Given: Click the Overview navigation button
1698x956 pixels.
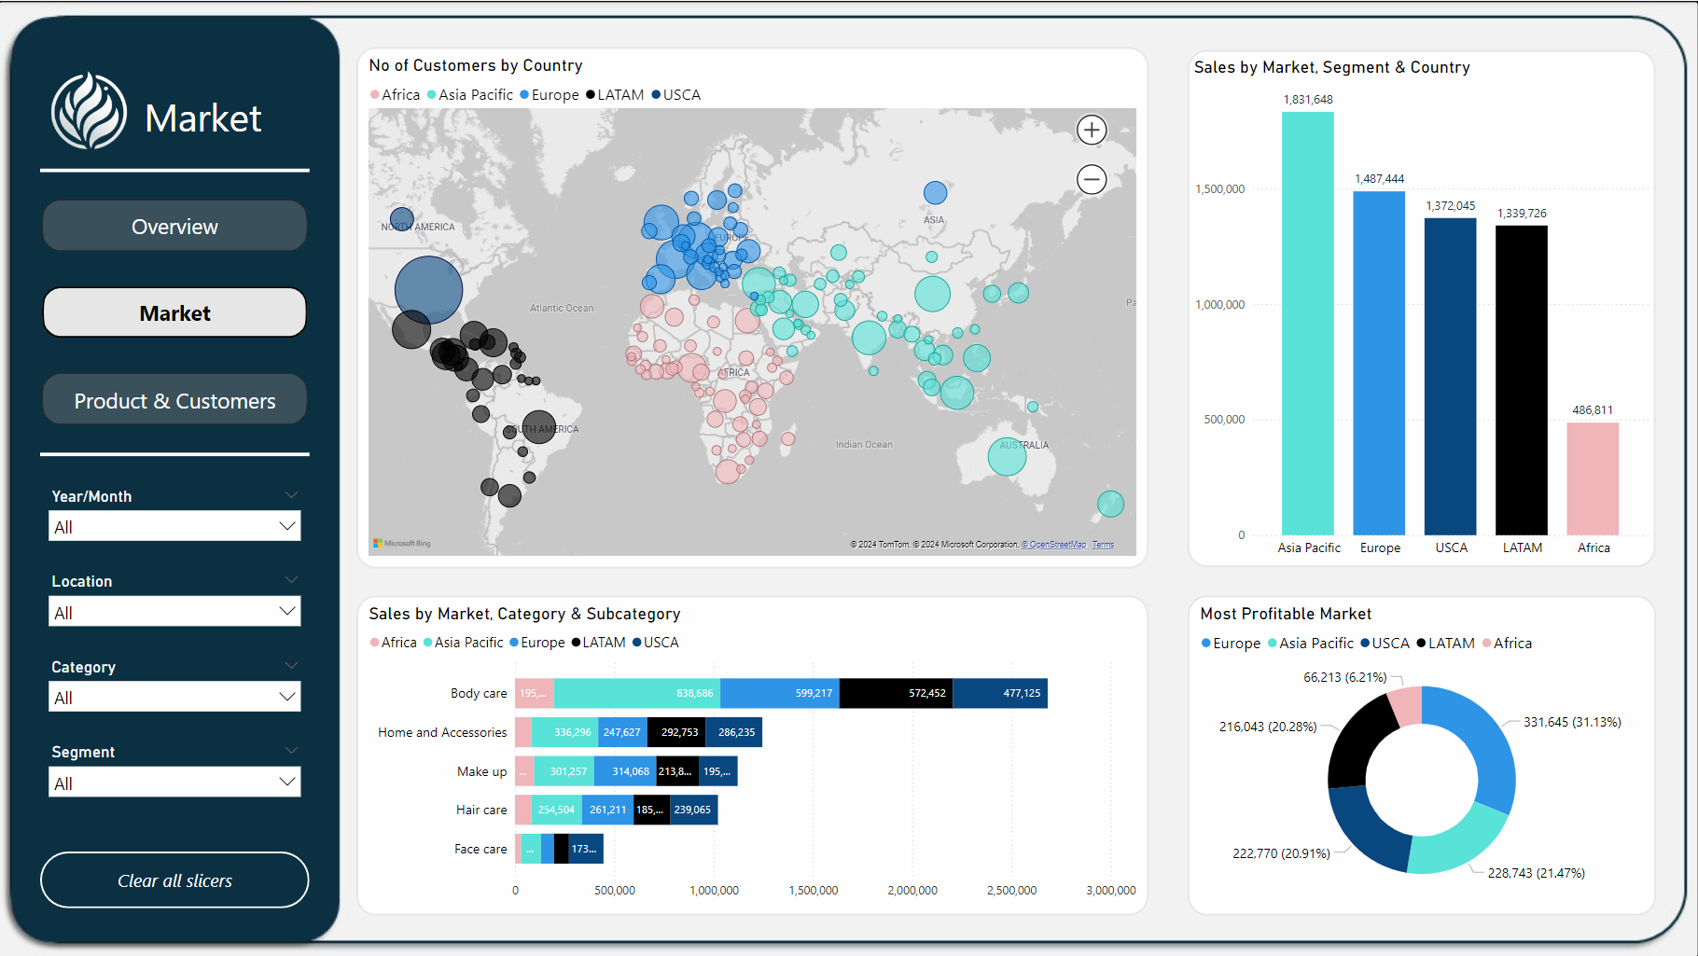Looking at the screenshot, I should (174, 227).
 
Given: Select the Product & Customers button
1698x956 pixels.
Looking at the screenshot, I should (174, 401).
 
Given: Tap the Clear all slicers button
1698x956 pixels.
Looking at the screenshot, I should (174, 880).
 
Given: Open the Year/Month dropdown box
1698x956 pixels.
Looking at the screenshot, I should (174, 526).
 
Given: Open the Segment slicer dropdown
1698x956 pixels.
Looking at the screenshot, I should (174, 783).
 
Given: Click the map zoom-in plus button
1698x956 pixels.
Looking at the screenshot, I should (1092, 130).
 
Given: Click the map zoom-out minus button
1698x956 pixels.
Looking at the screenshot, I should (1092, 179).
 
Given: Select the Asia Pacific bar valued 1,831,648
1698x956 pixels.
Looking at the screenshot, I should (1307, 322).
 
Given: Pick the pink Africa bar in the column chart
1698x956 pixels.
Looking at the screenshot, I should (1593, 478).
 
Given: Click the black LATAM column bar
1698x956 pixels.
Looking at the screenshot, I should (1521, 380).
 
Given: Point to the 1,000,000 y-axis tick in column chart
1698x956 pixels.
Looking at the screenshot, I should (1220, 305).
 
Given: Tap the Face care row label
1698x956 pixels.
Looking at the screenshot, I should (480, 849).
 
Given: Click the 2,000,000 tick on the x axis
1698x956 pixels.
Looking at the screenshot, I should (912, 891).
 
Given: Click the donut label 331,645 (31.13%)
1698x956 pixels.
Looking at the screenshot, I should (1572, 722).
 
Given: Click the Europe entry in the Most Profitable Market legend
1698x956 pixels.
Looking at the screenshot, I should (1231, 644).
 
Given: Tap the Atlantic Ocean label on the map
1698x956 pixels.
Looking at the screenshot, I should (562, 308).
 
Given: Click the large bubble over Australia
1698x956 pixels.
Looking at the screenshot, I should (1007, 457).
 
